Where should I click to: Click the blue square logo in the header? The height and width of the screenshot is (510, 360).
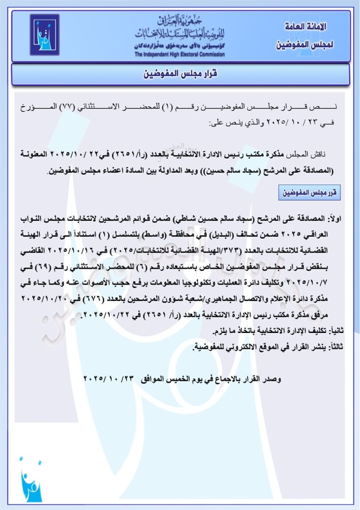tap(44, 35)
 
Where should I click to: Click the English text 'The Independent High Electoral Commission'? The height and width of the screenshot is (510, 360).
tap(180, 55)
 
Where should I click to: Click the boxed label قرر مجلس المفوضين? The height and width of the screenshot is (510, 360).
tap(310, 193)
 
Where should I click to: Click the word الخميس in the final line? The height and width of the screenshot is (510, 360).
tap(175, 379)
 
